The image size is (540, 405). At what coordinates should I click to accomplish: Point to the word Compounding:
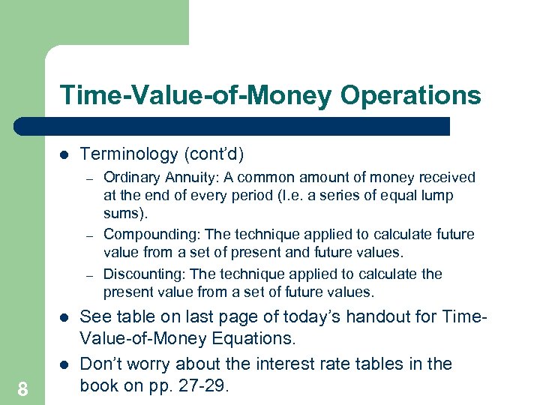click(x=151, y=235)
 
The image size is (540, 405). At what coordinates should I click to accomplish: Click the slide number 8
click(x=23, y=388)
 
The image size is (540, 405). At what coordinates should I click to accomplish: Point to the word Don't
click(x=101, y=364)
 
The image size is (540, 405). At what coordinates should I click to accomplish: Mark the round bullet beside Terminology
click(x=64, y=154)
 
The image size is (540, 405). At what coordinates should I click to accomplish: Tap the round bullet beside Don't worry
click(x=64, y=364)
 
